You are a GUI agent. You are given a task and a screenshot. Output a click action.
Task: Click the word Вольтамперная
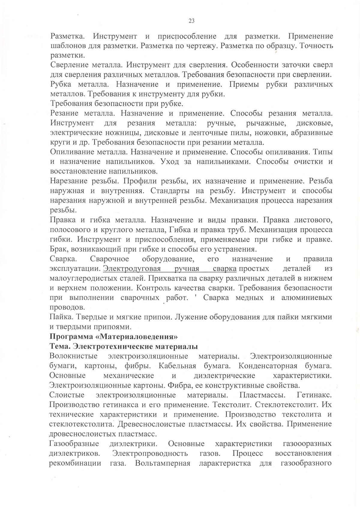click(x=163, y=463)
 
